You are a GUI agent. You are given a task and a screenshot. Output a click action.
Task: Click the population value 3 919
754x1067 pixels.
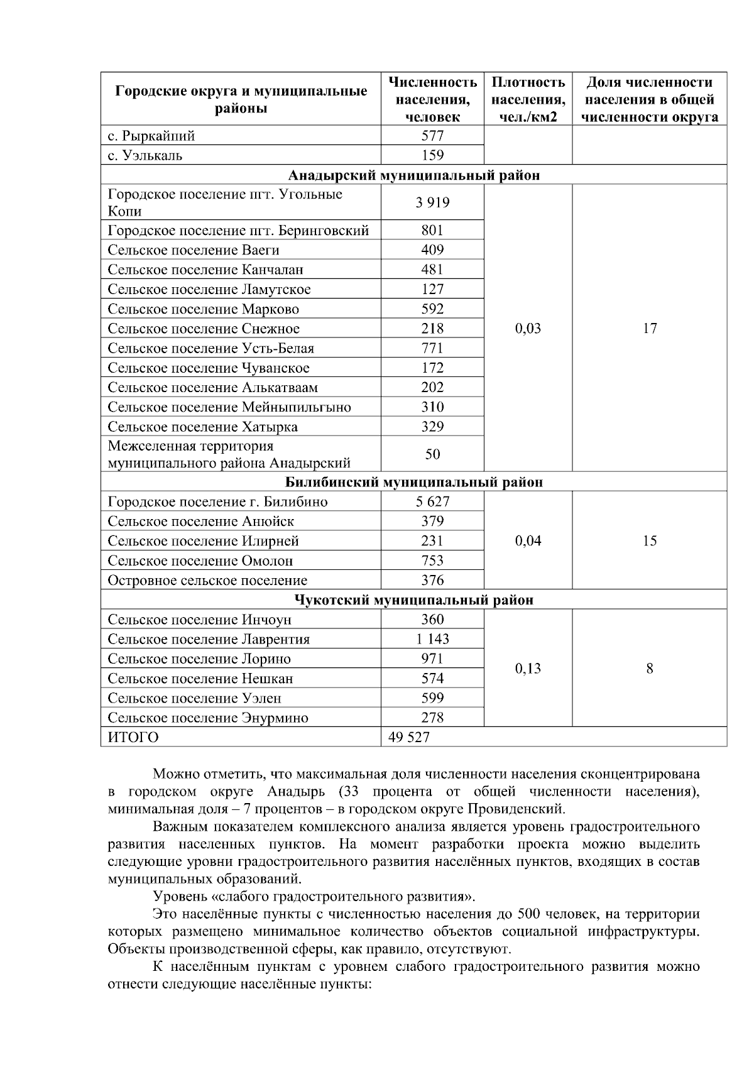click(x=432, y=203)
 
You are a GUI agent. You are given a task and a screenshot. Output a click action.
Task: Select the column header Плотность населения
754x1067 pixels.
click(x=528, y=99)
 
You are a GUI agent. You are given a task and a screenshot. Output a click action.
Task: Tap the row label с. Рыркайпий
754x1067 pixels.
click(x=151, y=136)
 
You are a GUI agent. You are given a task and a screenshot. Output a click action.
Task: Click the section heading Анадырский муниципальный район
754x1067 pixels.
click(x=413, y=175)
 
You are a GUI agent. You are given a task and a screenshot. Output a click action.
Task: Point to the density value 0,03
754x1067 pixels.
click(x=528, y=329)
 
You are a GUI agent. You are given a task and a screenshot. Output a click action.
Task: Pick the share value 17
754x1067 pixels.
click(x=650, y=329)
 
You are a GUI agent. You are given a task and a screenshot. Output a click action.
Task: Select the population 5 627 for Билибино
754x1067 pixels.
click(x=432, y=501)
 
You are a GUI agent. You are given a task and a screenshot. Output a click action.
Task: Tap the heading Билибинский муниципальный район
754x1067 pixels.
click(x=413, y=482)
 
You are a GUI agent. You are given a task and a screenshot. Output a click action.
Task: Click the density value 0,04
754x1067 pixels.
click(x=528, y=541)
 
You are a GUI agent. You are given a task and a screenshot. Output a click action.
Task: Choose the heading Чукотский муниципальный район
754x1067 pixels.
click(x=413, y=600)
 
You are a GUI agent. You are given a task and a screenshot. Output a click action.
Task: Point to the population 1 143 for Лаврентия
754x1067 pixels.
click(x=432, y=639)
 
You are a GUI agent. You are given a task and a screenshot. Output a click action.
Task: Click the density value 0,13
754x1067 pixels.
click(x=528, y=669)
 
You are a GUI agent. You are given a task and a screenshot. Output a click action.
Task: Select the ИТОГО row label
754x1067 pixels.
click(x=133, y=737)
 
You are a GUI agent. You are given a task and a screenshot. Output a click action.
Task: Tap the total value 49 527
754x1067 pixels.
click(x=409, y=737)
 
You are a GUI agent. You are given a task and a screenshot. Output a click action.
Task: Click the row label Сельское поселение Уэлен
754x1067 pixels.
click(x=194, y=698)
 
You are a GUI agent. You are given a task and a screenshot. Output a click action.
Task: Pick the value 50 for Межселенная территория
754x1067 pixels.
click(x=432, y=454)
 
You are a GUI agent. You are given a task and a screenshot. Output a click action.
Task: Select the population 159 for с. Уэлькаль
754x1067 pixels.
click(x=432, y=155)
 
